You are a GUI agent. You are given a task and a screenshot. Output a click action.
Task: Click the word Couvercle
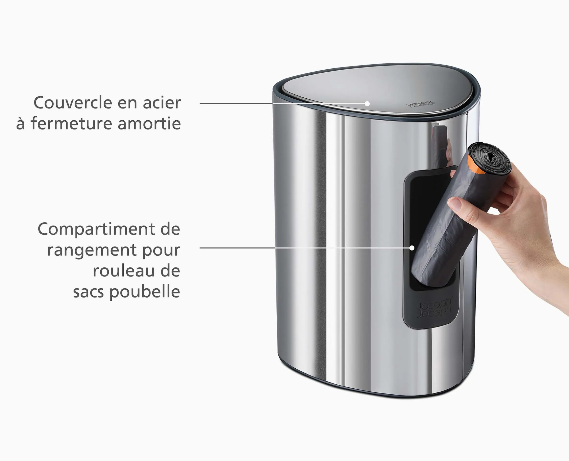[73, 103]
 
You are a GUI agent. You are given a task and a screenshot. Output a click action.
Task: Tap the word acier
[162, 103]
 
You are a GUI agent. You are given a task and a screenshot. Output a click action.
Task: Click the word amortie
[149, 124]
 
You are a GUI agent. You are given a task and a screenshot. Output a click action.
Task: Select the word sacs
[89, 292]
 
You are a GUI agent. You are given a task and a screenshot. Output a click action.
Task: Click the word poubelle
[145, 292]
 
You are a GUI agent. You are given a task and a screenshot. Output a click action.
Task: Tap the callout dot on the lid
[367, 104]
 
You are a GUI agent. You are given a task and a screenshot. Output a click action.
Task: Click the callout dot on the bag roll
[412, 248]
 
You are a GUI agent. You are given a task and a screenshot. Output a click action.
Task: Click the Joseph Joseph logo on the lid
[421, 104]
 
